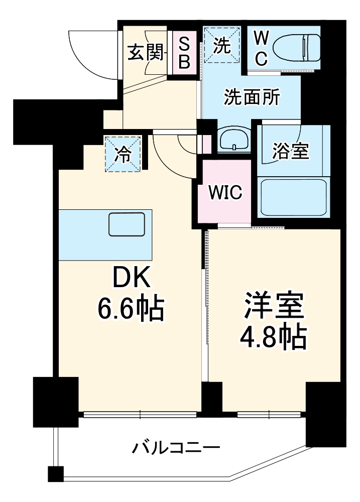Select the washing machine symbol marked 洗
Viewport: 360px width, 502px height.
point(221,46)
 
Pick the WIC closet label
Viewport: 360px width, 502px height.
point(225,192)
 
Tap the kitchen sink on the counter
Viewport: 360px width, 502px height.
point(127,224)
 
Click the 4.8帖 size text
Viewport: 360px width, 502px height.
point(274,340)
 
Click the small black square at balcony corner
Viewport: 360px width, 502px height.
point(55,473)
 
